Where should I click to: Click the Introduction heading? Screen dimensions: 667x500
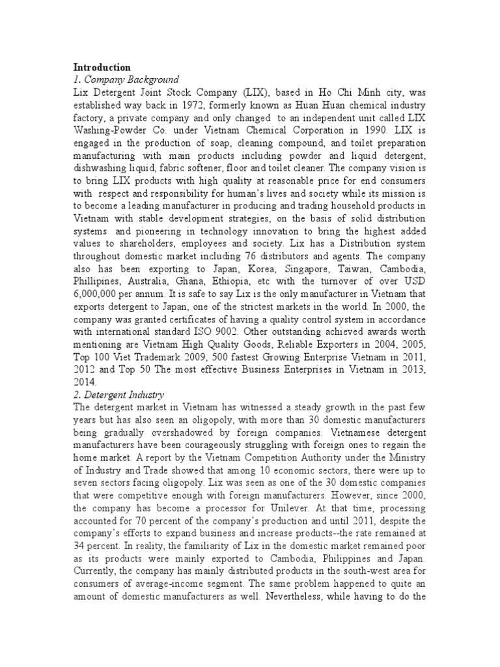click(102, 67)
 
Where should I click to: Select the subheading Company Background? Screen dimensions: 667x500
click(120, 79)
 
